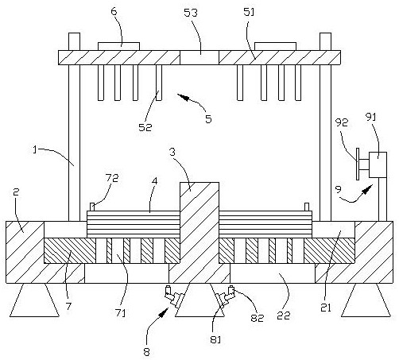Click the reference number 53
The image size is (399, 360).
pyautogui.click(x=191, y=13)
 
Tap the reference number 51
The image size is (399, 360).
pyautogui.click(x=249, y=12)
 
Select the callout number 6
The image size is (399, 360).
pyautogui.click(x=114, y=11)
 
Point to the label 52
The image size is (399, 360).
pyautogui.click(x=145, y=127)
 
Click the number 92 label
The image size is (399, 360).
pyautogui.click(x=342, y=122)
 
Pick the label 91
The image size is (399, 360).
pyautogui.click(x=371, y=117)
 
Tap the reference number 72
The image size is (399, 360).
pyautogui.click(x=112, y=178)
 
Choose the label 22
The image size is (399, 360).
pyautogui.click(x=284, y=315)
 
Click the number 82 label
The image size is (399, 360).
pyautogui.click(x=258, y=318)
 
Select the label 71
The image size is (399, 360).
pyautogui.click(x=120, y=313)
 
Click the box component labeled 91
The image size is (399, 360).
pyautogui.click(x=378, y=165)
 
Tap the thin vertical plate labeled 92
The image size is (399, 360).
pyautogui.click(x=358, y=164)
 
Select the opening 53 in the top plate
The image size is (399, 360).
pyautogui.click(x=199, y=57)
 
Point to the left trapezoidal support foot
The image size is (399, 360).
pyautogui.click(x=34, y=300)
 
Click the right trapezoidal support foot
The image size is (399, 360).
pyautogui.click(x=366, y=300)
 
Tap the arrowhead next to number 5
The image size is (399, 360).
pyautogui.click(x=183, y=97)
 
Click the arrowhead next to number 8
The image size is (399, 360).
pyautogui.click(x=165, y=312)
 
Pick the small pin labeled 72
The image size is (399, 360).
pyautogui.click(x=92, y=207)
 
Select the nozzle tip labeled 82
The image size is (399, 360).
pyautogui.click(x=231, y=289)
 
